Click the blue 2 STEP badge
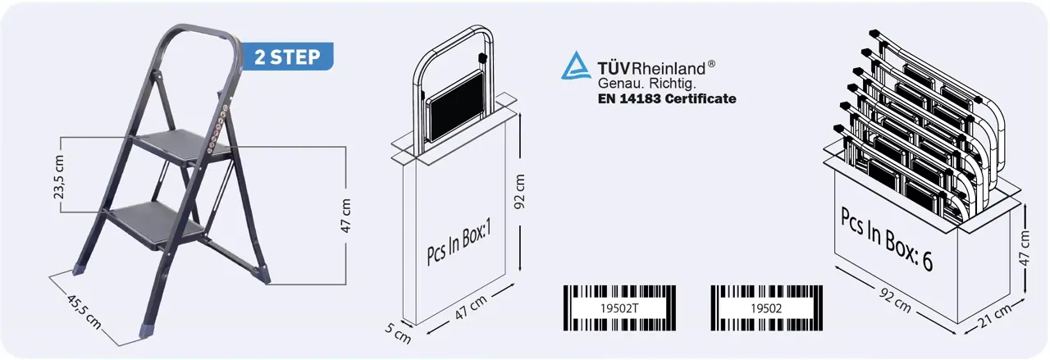(287, 57)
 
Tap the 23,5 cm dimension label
(59, 177)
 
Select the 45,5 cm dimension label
(84, 312)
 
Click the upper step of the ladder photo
(180, 146)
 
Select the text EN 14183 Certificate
(667, 99)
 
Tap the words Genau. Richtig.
(646, 84)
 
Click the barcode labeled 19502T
(619, 308)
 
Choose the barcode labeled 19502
(766, 308)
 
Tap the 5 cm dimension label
(398, 332)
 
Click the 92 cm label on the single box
(520, 192)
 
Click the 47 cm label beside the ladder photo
(345, 216)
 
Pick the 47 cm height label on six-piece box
(1025, 248)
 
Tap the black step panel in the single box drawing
(457, 106)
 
